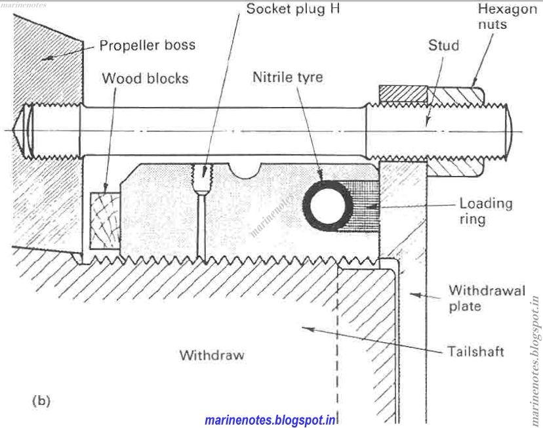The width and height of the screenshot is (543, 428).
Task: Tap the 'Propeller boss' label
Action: pos(147,46)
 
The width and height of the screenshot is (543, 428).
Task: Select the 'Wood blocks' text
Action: pos(145,79)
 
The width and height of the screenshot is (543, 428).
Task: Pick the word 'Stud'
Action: pos(443,46)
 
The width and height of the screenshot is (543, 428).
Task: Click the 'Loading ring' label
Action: pos(485,211)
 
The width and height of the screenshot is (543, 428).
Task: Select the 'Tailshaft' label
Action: pos(476,352)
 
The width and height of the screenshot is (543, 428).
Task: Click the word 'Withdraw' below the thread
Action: pos(212,355)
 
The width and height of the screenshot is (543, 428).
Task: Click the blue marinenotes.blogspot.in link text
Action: pos(271,419)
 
